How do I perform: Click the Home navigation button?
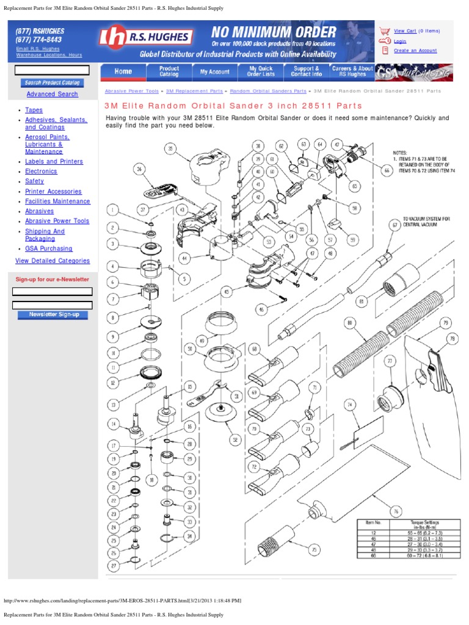click(123, 71)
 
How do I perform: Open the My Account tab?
click(215, 71)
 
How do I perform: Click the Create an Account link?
click(415, 51)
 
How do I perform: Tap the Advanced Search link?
click(52, 94)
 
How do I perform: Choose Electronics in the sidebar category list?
click(41, 172)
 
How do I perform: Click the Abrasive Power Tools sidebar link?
click(57, 221)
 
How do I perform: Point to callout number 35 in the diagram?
click(171, 148)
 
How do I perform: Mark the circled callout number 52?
click(234, 439)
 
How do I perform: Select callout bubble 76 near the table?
click(396, 511)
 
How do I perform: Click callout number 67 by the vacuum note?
click(395, 225)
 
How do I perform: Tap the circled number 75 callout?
click(314, 550)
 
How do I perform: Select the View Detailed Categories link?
click(53, 261)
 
